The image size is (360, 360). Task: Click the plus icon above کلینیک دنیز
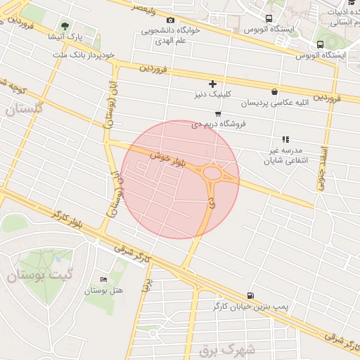212,84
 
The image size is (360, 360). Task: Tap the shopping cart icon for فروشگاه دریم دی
218,114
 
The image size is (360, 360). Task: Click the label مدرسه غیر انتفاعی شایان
285,156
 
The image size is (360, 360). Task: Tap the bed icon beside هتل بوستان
104,280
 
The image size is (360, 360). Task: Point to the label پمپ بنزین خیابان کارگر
251,307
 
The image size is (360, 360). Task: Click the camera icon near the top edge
171,20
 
